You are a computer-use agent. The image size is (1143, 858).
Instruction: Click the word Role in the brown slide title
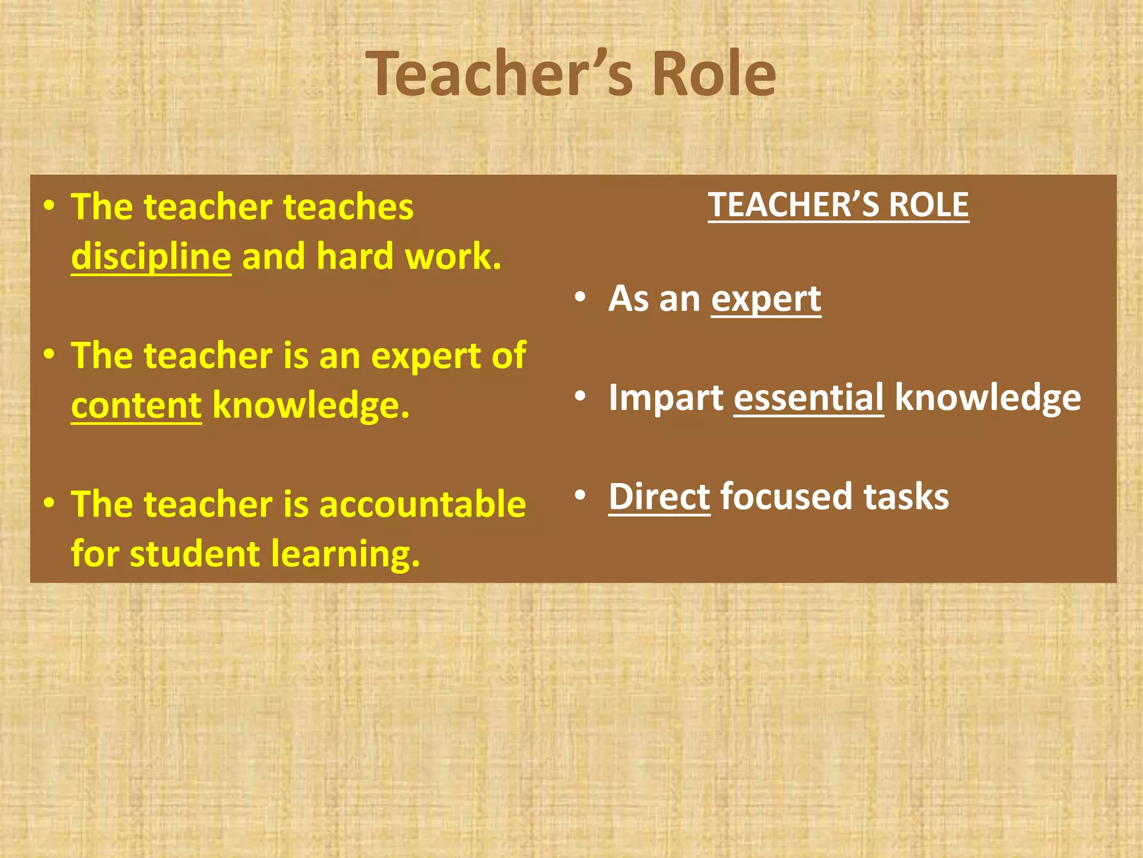714,74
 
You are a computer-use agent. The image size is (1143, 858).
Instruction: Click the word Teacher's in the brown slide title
500,74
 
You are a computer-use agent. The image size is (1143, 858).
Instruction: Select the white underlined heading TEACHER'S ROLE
838,204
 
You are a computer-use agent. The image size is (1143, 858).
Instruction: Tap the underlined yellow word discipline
151,256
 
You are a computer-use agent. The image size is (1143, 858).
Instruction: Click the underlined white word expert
766,299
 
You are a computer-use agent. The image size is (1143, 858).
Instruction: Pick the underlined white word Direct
659,497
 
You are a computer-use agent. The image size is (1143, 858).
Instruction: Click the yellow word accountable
422,504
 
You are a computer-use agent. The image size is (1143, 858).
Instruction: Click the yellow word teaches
348,207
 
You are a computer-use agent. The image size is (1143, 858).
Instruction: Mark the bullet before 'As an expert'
580,297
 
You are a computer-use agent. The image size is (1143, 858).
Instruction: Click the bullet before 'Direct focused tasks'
580,495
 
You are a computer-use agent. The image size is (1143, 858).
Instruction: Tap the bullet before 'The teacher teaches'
50,205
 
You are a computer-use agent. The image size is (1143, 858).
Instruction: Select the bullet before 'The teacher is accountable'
50,503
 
